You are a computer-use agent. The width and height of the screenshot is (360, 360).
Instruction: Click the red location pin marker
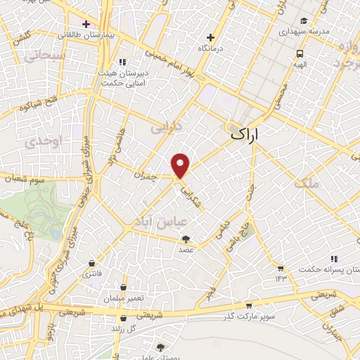click(x=181, y=165)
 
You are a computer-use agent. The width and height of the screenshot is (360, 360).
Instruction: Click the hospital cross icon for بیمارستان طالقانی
click(x=86, y=24)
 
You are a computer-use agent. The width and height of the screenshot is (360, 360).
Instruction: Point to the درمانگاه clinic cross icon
click(x=210, y=37)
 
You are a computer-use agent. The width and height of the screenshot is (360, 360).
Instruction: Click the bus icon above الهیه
click(x=300, y=53)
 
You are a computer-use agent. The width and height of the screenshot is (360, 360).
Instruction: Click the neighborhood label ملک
click(x=307, y=183)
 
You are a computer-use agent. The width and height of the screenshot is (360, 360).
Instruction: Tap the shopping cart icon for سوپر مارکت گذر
click(x=249, y=306)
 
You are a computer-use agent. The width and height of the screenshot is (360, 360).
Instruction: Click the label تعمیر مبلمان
click(x=126, y=298)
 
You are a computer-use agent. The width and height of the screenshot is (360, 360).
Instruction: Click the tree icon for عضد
click(x=186, y=240)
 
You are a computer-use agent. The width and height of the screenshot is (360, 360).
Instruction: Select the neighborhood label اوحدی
click(x=34, y=142)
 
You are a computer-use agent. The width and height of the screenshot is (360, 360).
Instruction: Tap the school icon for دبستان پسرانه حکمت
click(x=334, y=259)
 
